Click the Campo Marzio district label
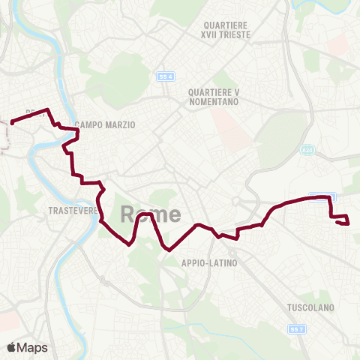point(104,125)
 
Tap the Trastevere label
point(73,211)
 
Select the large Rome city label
point(150,214)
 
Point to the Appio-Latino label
point(209,263)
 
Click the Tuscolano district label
point(309,307)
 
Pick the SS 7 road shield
point(296,328)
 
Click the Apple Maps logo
point(27,347)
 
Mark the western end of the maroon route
point(12,122)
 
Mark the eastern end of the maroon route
point(348,222)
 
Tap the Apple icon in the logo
point(12,347)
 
